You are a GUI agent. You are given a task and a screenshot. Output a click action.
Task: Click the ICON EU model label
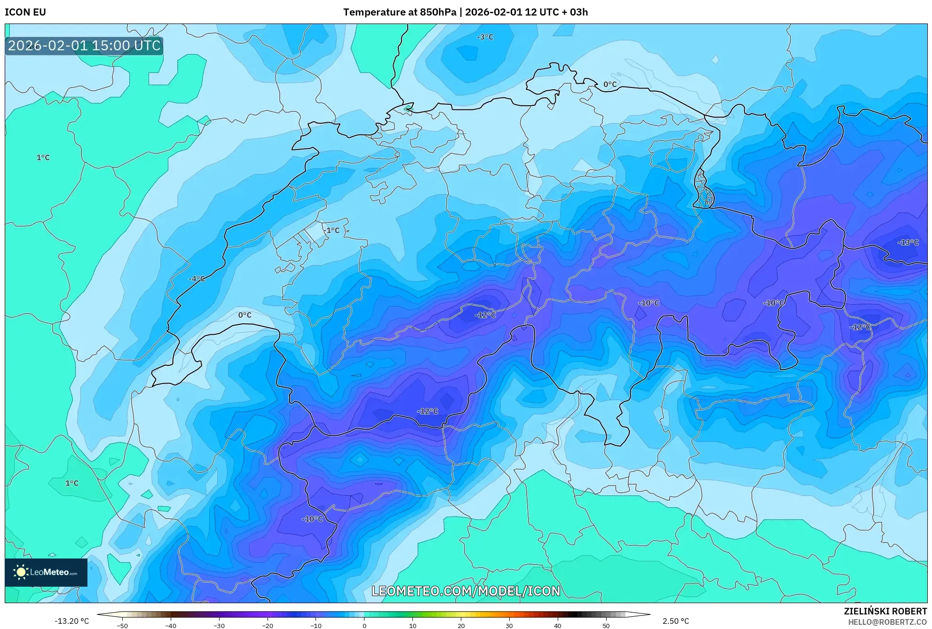pos(25,12)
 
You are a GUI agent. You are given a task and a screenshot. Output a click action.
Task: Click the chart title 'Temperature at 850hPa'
pos(400,12)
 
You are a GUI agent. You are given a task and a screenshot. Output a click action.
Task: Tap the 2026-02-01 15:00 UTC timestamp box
pos(84,46)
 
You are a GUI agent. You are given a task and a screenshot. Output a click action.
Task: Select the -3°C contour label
pos(485,37)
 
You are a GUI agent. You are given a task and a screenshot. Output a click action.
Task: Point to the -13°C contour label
pos(908,243)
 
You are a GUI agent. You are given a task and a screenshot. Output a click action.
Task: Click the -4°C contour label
pos(197,279)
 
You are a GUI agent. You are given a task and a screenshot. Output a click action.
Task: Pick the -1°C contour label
pos(331,230)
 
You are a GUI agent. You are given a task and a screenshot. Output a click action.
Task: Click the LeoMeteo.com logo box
pos(46,572)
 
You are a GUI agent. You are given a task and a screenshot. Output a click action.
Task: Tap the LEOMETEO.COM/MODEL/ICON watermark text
pos(466,591)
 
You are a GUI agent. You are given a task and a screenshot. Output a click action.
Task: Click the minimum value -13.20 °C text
pos(71,621)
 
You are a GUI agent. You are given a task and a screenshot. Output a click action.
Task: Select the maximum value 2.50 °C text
pos(676,621)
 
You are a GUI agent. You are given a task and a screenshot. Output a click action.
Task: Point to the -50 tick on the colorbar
pos(122,626)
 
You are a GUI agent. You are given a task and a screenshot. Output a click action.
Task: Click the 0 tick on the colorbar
pos(364,626)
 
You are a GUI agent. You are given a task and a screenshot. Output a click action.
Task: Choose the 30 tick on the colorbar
pos(509,626)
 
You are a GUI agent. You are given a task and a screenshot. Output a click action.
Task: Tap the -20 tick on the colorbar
pos(267,626)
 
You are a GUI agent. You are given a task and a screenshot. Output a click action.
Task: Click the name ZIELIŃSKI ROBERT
pos(885,611)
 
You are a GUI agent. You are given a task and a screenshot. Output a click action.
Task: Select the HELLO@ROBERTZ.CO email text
pos(887,622)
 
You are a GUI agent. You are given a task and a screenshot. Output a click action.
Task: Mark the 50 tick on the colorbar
pos(606,626)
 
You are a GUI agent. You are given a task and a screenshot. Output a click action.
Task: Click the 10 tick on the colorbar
pos(412,626)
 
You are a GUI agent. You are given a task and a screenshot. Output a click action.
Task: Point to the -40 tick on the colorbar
pos(171,626)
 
